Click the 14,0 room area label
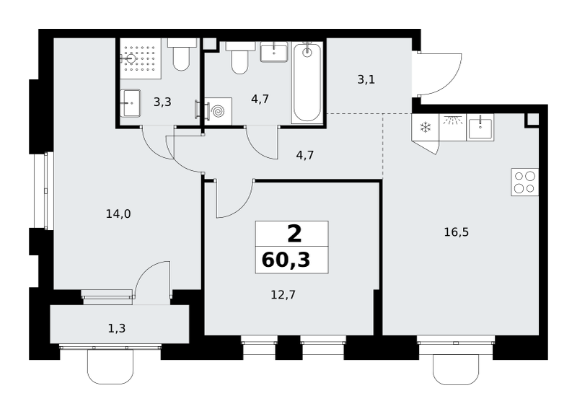118,213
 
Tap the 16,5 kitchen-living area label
457,232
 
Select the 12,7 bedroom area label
283,295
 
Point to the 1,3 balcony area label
117,328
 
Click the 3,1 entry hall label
366,79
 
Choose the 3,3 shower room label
162,102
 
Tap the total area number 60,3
286,260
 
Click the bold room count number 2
294,234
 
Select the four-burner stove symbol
525,182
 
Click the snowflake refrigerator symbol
426,128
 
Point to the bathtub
307,82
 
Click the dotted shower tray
141,58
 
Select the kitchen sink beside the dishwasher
480,128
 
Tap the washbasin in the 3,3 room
131,103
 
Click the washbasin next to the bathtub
274,51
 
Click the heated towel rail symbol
198,110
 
